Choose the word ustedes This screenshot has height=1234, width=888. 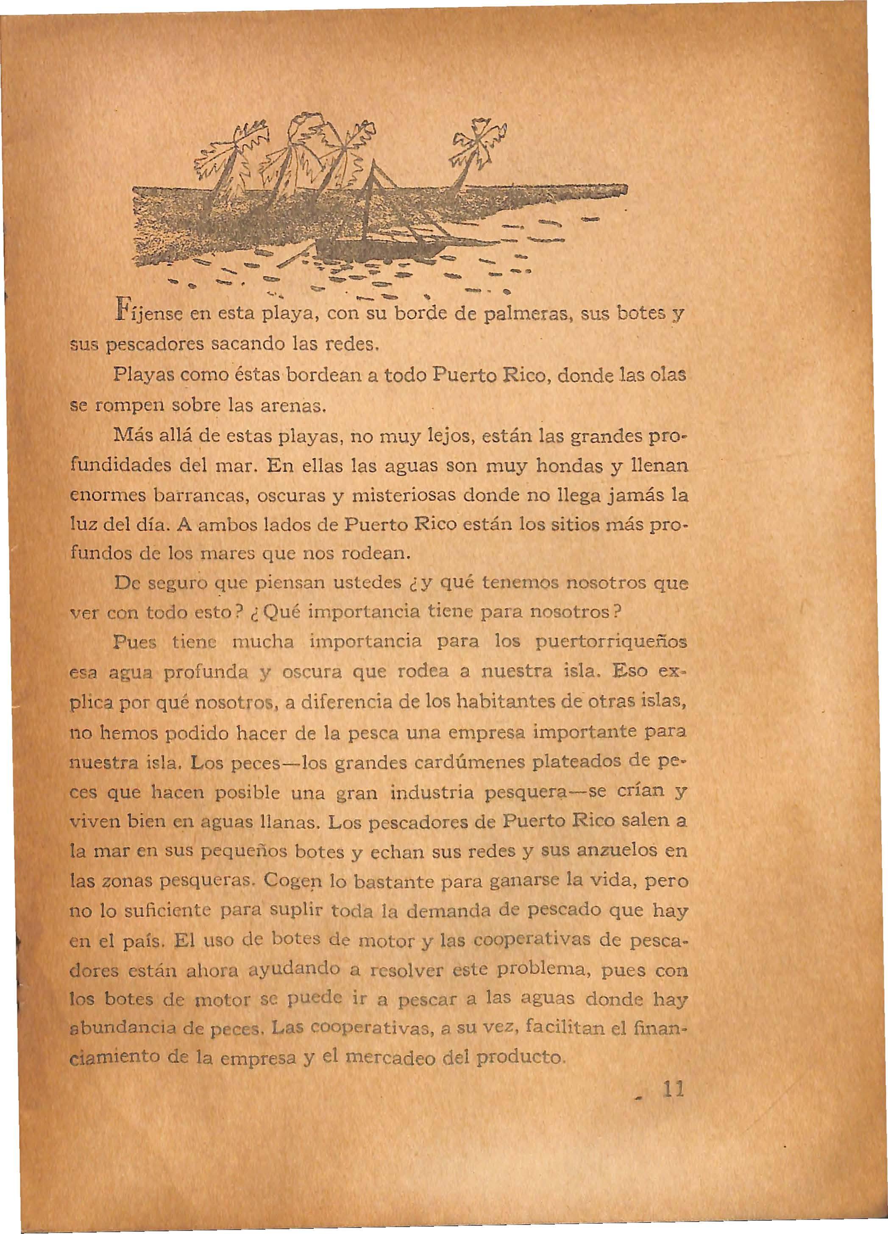(370, 587)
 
